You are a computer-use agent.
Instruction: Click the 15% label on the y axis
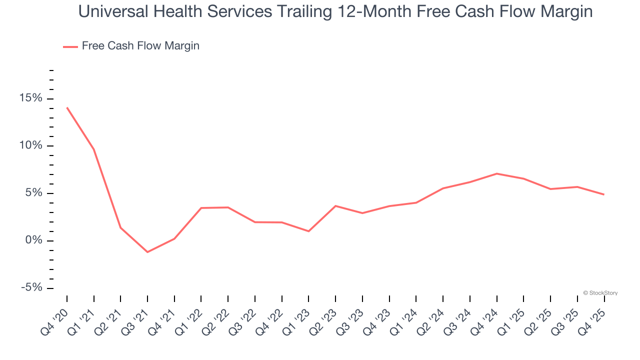point(31,98)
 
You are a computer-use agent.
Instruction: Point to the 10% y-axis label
point(31,146)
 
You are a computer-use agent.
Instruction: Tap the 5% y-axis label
point(34,193)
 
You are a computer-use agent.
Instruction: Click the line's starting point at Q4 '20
point(67,107)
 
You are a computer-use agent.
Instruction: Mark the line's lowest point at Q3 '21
point(147,252)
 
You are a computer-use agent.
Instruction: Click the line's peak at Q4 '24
point(496,173)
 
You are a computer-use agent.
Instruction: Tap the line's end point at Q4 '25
point(604,194)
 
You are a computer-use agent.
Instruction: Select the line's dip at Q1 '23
point(308,231)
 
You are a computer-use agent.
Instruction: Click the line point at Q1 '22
point(201,208)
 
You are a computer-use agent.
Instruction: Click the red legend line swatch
point(70,46)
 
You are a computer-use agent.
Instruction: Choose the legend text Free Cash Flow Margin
point(140,46)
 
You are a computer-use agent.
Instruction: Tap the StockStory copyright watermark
point(600,293)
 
